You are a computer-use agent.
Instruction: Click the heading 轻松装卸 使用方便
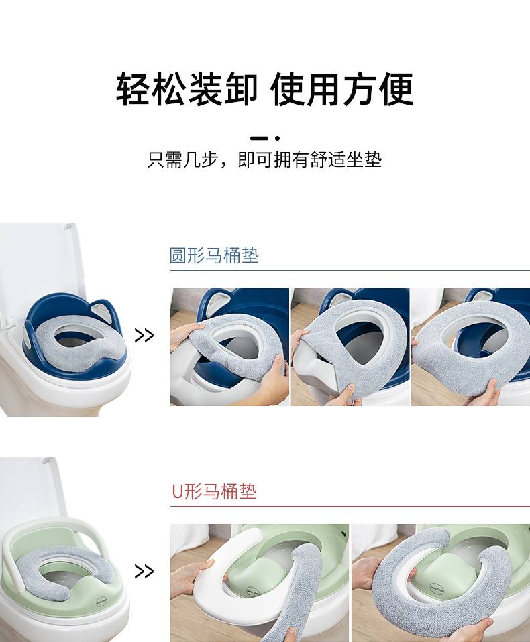pyautogui.click(x=265, y=89)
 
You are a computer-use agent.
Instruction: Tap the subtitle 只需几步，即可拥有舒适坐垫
pyautogui.click(x=265, y=159)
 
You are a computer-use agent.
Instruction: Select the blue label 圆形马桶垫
pyautogui.click(x=214, y=255)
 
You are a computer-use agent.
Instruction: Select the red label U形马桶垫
pyautogui.click(x=214, y=491)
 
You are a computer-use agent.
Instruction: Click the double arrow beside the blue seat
pyautogui.click(x=144, y=336)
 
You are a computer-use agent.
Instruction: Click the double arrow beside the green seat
pyautogui.click(x=144, y=571)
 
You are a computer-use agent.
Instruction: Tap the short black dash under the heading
pyautogui.click(x=259, y=139)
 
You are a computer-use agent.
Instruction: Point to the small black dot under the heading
pyautogui.click(x=278, y=139)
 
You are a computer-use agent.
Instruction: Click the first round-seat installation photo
pyautogui.click(x=229, y=346)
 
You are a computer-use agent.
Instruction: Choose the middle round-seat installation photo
pyautogui.click(x=350, y=346)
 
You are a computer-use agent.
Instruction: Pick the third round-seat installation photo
pyautogui.click(x=470, y=346)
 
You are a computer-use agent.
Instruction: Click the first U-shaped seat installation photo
pyautogui.click(x=260, y=583)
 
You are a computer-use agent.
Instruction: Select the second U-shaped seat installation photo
pyautogui.click(x=441, y=583)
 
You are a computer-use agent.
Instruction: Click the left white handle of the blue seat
pyautogui.click(x=29, y=334)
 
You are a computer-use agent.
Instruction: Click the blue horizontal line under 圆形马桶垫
pyautogui.click(x=350, y=270)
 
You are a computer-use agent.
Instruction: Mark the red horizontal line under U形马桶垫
pyautogui.click(x=350, y=506)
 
